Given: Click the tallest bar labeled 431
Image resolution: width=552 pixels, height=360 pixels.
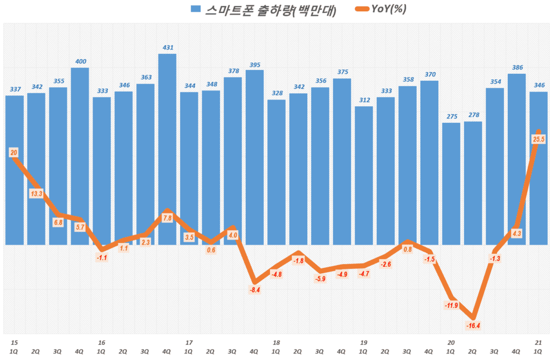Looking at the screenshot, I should point(167,148).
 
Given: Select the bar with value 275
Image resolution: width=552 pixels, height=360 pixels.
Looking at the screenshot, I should point(451,183).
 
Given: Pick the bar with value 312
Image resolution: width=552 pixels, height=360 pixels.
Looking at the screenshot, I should point(364,175).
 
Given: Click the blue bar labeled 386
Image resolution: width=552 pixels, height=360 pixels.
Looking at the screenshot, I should point(516,158).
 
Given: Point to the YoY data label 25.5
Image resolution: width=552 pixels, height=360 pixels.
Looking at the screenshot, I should point(537,140).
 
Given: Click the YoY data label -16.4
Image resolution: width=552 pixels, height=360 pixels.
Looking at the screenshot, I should point(473,326).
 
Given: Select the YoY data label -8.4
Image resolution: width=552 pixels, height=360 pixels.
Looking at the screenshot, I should point(255,289).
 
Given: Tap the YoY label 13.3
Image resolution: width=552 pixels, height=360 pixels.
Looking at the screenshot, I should point(36,192).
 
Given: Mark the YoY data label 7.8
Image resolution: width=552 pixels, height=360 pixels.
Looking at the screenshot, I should point(167,218).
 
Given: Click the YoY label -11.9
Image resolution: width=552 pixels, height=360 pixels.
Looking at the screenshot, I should point(451,306).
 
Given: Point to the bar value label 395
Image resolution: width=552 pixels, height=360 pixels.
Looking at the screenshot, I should point(254,65).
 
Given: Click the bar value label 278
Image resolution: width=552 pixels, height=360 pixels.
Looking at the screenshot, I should point(473,116).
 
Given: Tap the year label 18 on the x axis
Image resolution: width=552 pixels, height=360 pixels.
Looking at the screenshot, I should point(276,342).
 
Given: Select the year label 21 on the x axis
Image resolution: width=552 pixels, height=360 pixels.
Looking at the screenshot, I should point(538,342).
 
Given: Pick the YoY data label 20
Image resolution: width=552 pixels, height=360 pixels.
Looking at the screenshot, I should point(14,153).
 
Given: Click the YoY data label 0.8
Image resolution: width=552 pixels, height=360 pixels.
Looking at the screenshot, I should point(408,249).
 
